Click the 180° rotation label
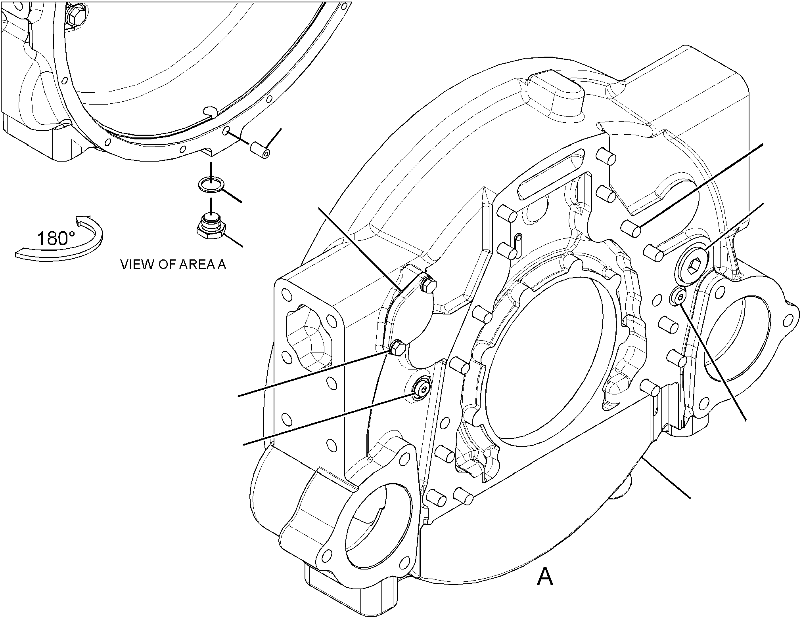pyautogui.click(x=56, y=238)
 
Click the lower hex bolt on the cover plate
pyautogui.click(x=397, y=348)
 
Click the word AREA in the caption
pyautogui.click(x=190, y=265)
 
